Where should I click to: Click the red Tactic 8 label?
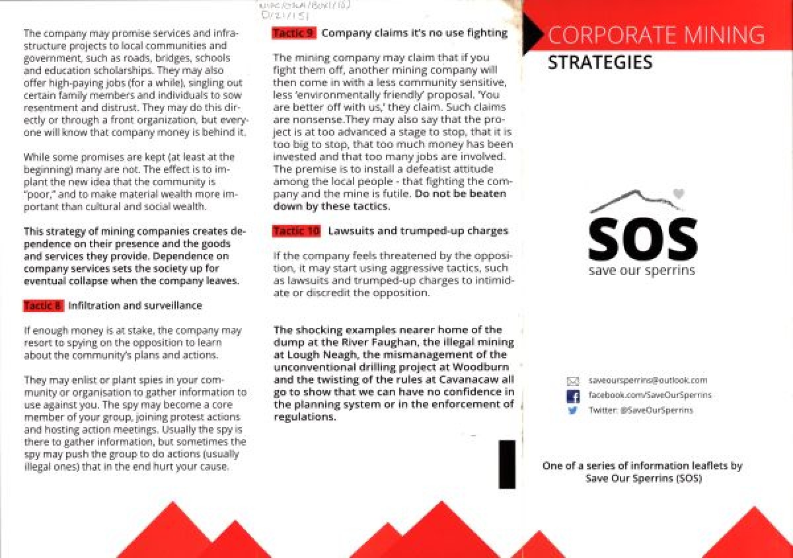pos(43,306)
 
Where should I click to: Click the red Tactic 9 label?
pos(294,33)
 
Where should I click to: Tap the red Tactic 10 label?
pos(297,231)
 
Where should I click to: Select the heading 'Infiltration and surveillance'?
pos(135,306)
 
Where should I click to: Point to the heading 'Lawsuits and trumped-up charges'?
pos(418,231)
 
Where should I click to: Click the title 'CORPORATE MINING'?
pos(656,34)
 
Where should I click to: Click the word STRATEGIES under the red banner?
pos(599,63)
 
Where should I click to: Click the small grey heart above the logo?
pos(677,194)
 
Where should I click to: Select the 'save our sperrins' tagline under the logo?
pos(642,271)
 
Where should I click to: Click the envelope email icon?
pos(573,381)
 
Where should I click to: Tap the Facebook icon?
pos(573,396)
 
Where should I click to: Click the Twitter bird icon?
pos(573,411)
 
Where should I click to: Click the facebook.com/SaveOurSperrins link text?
pos(650,395)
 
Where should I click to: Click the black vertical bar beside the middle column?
pos(507,464)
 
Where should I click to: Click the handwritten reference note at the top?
pos(301,9)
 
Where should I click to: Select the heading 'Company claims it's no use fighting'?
pos(414,33)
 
